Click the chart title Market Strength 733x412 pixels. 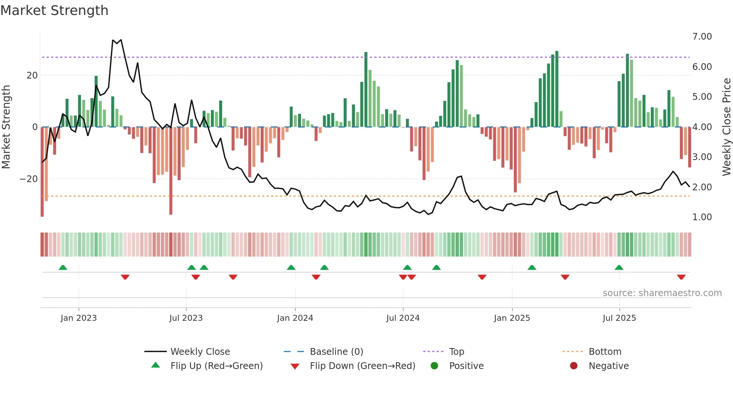pyautogui.click(x=54, y=10)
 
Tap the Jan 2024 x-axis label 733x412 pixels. pyautogui.click(x=295, y=318)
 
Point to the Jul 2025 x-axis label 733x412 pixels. pyautogui.click(x=619, y=318)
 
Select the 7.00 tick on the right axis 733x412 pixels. pyautogui.click(x=702, y=37)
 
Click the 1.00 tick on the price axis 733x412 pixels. pyautogui.click(x=702, y=217)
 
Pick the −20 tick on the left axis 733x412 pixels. pyautogui.click(x=29, y=179)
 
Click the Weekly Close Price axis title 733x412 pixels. pyautogui.click(x=726, y=127)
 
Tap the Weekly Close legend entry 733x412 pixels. pyautogui.click(x=200, y=352)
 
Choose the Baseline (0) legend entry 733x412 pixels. pyautogui.click(x=336, y=352)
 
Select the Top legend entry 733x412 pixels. pyautogui.click(x=456, y=352)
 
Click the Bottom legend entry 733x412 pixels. pyautogui.click(x=605, y=352)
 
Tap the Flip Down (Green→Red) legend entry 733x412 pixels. pyautogui.click(x=362, y=366)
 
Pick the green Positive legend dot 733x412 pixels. pyautogui.click(x=434, y=366)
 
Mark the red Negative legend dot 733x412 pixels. pyautogui.click(x=574, y=366)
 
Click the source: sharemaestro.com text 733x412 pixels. pyautogui.click(x=662, y=293)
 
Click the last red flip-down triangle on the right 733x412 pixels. pyautogui.click(x=681, y=277)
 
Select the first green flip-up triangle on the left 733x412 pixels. pyautogui.click(x=63, y=267)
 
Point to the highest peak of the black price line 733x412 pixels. pyautogui.click(x=120, y=40)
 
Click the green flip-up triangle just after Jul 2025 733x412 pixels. pyautogui.click(x=619, y=267)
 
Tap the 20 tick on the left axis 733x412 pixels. pyautogui.click(x=32, y=76)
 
